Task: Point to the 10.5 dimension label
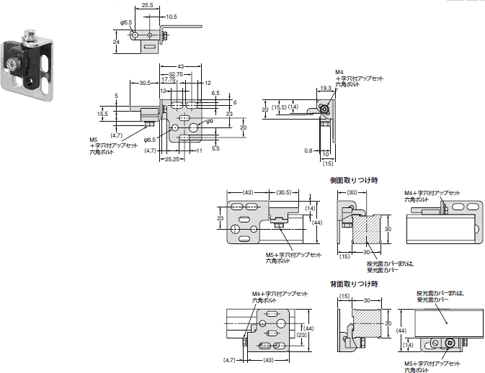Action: pyautogui.click(x=171, y=16)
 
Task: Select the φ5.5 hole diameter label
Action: pyautogui.click(x=126, y=22)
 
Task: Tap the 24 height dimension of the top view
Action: pyautogui.click(x=116, y=42)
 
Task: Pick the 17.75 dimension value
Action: pyautogui.click(x=168, y=80)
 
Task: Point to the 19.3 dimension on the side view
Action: pyautogui.click(x=325, y=88)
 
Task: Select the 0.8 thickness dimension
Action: pyautogui.click(x=307, y=150)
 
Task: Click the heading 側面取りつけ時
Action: pyautogui.click(x=354, y=180)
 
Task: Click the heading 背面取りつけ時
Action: pyautogui.click(x=354, y=284)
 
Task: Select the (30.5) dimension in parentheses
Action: pyautogui.click(x=283, y=192)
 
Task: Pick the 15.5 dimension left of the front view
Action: pyautogui.click(x=102, y=113)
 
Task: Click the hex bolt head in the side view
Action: pyautogui.click(x=326, y=109)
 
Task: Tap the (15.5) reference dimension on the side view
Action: pyautogui.click(x=279, y=107)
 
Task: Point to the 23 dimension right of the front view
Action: pyautogui.click(x=229, y=113)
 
